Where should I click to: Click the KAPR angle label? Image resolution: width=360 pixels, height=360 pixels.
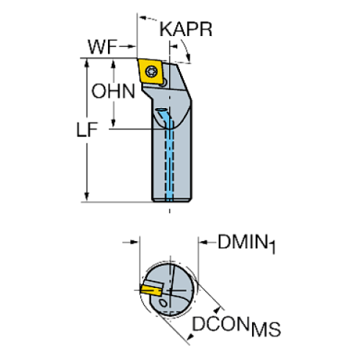pos(186,30)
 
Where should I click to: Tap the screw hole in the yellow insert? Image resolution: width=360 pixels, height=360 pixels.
pos(153,72)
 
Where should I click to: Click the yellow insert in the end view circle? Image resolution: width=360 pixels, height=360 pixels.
pos(153,290)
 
